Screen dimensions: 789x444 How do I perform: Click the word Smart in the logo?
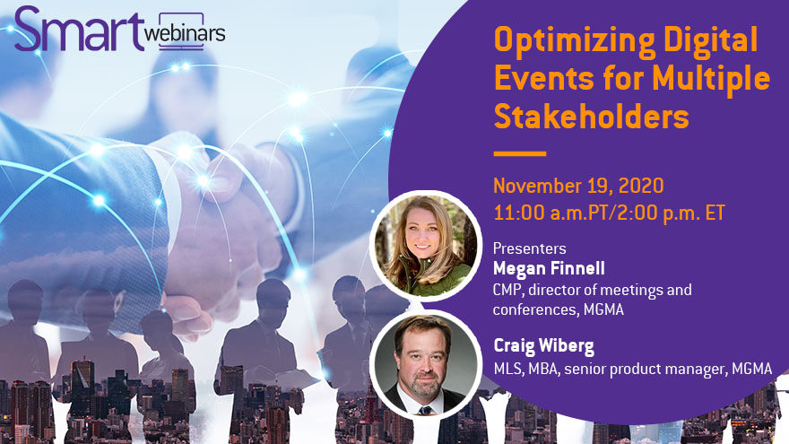(x=79, y=30)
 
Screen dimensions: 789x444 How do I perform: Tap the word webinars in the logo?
(x=185, y=32)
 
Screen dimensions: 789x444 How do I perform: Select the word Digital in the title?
(x=710, y=40)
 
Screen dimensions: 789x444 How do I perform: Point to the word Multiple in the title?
(x=711, y=79)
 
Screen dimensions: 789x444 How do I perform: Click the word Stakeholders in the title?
(x=591, y=117)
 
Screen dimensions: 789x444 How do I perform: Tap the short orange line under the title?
(x=520, y=153)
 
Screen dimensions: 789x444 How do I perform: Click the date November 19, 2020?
(x=578, y=186)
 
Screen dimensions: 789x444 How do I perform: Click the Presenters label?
(x=529, y=248)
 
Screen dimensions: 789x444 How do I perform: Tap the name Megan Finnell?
(x=549, y=268)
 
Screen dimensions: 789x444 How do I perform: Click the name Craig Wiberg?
(x=544, y=346)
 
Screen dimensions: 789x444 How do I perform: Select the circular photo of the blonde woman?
(x=425, y=245)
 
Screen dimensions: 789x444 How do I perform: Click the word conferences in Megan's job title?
(x=535, y=309)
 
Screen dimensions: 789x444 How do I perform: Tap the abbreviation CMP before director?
(x=508, y=290)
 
